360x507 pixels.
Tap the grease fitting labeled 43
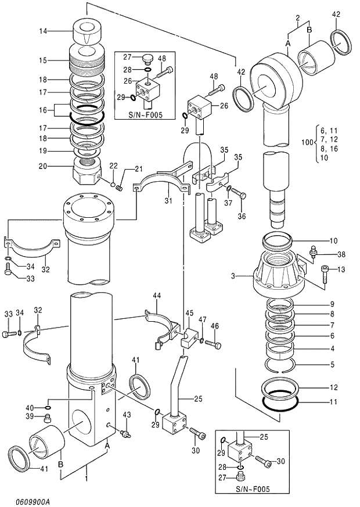(x=124, y=432)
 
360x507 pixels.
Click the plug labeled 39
(x=48, y=418)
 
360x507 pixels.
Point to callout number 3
(x=232, y=276)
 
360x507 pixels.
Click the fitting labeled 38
(x=314, y=251)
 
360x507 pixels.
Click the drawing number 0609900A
(x=25, y=501)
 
